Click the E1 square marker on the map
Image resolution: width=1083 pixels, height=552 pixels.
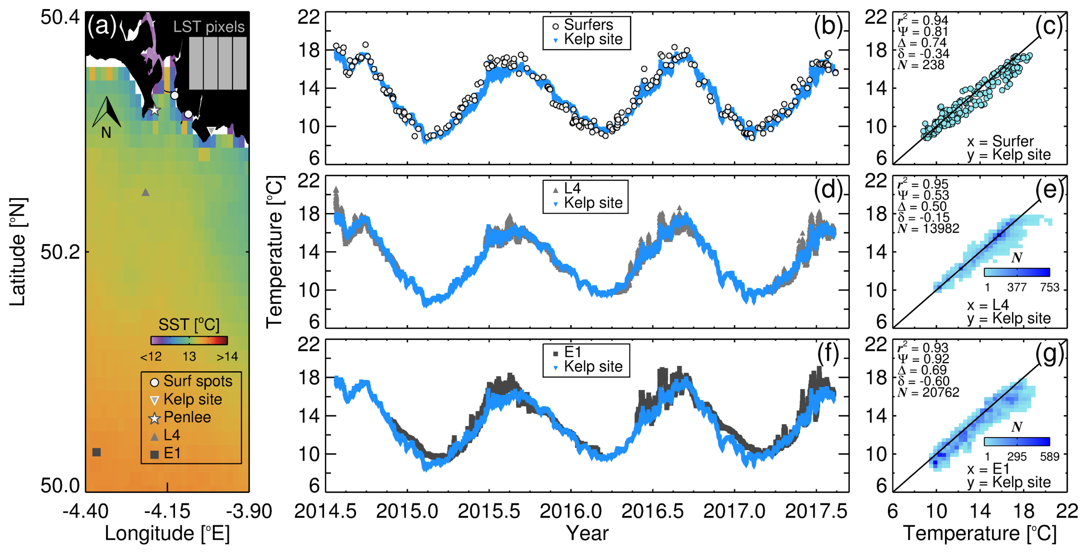(x=96, y=452)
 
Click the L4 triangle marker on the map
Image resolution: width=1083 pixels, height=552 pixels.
(x=146, y=192)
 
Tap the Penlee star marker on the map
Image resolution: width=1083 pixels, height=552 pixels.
(x=155, y=110)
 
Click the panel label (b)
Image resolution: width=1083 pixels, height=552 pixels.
(x=827, y=26)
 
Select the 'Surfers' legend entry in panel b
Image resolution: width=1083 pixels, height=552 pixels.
(x=588, y=25)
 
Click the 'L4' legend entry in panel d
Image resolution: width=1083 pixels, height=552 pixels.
(x=572, y=188)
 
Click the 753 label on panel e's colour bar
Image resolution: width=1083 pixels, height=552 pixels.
(x=1049, y=288)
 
